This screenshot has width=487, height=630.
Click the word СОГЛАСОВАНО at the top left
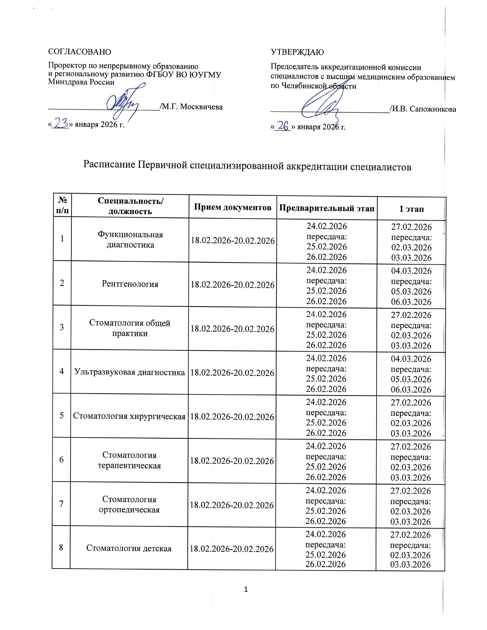(80, 52)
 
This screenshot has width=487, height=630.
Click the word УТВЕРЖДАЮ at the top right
(297, 52)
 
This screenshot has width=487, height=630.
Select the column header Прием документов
(233, 207)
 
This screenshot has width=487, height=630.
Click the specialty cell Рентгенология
(130, 284)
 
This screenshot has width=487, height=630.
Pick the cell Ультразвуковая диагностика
(129, 372)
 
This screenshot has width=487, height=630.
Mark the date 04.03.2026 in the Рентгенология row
(411, 271)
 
